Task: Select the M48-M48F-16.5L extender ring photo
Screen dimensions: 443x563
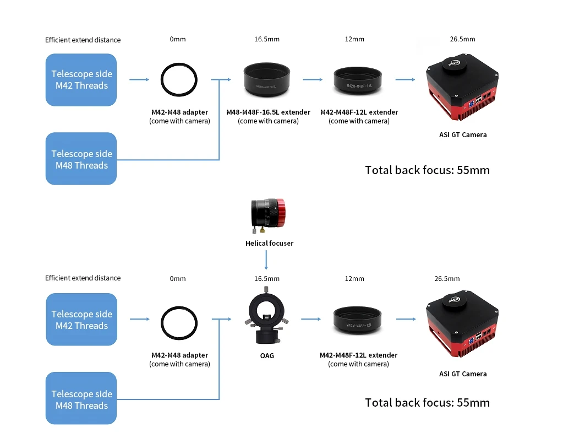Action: click(266, 79)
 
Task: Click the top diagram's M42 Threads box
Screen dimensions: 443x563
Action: click(81, 80)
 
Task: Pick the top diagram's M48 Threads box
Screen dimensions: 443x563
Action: click(81, 159)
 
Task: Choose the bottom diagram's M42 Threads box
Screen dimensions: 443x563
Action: click(81, 320)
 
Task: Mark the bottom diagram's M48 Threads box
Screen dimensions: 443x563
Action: click(81, 399)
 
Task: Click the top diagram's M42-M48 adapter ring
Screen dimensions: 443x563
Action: click(179, 80)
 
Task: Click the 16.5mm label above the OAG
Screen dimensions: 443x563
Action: click(266, 279)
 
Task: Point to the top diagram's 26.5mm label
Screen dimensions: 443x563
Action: click(462, 39)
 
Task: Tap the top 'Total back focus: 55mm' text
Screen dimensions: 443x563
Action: click(427, 170)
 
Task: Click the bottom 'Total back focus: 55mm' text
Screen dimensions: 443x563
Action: click(427, 403)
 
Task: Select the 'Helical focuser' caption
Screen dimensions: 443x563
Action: click(269, 243)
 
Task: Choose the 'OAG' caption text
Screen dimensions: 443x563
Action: click(267, 356)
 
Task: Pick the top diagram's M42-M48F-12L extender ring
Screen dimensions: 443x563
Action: click(358, 81)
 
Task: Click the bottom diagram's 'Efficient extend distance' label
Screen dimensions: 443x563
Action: click(83, 278)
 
